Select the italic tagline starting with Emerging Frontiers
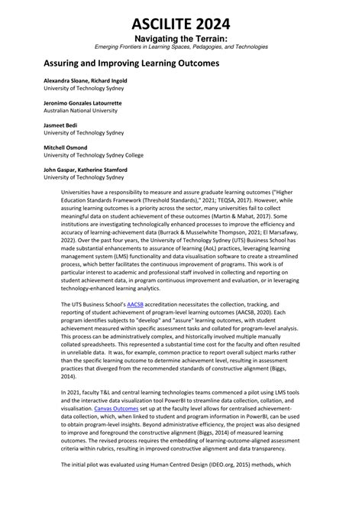click(x=181, y=47)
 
